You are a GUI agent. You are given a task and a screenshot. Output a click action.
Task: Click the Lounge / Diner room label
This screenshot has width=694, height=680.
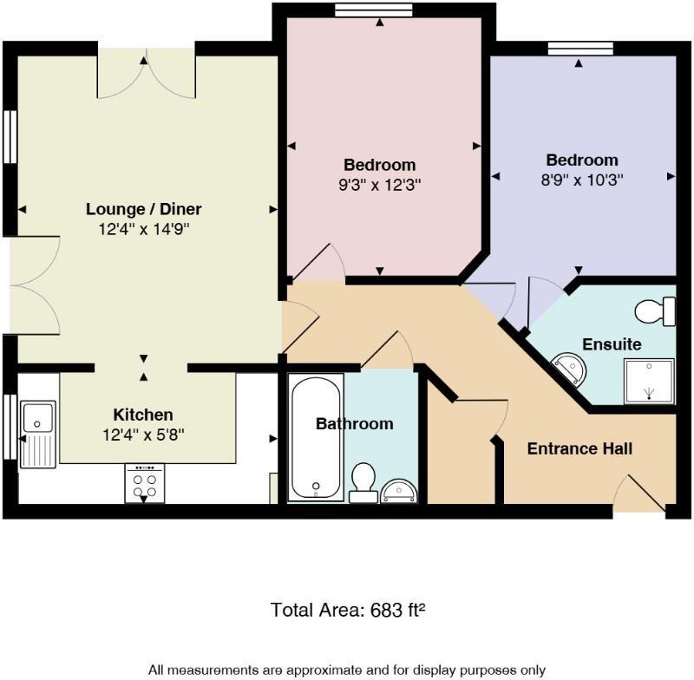tap(144, 209)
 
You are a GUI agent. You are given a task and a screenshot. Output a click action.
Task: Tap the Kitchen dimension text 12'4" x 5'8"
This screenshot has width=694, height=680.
tap(143, 433)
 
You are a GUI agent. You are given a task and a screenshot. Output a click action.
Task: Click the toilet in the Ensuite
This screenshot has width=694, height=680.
tap(656, 310)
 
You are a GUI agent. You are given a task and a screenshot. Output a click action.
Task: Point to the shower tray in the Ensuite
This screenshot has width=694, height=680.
tap(649, 381)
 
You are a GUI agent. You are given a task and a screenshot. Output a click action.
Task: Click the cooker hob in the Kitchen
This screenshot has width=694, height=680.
tap(144, 484)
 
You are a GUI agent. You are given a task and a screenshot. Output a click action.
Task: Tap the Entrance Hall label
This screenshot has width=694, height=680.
tap(579, 448)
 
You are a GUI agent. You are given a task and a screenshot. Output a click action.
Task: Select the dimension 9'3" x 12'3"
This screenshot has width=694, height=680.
tap(379, 184)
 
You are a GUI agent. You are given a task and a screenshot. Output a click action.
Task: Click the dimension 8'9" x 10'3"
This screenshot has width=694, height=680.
tap(582, 180)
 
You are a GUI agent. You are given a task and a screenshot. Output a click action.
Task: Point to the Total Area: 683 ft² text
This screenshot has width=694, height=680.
tap(347, 610)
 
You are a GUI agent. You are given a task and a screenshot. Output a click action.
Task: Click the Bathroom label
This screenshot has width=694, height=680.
tap(354, 424)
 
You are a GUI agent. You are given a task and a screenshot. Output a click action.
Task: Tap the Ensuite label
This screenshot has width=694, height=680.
tap(612, 344)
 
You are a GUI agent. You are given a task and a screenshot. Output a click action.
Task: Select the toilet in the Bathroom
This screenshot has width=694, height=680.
tap(363, 482)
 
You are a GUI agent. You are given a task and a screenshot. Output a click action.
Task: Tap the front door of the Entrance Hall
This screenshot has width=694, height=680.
tap(639, 496)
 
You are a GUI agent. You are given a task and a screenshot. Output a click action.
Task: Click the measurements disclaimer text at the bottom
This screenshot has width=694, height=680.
tap(347, 670)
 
